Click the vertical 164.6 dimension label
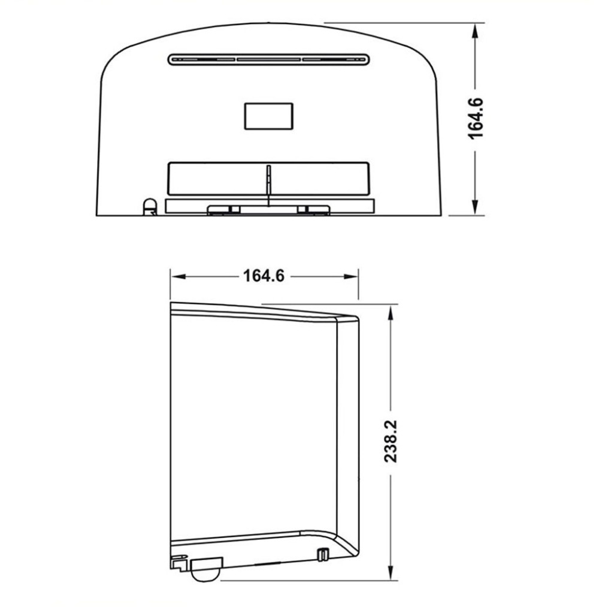click(477, 118)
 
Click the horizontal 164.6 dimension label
click(264, 276)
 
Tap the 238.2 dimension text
click(391, 441)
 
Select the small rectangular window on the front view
click(268, 115)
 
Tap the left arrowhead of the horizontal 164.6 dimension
click(177, 276)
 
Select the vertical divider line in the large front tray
click(269, 180)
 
